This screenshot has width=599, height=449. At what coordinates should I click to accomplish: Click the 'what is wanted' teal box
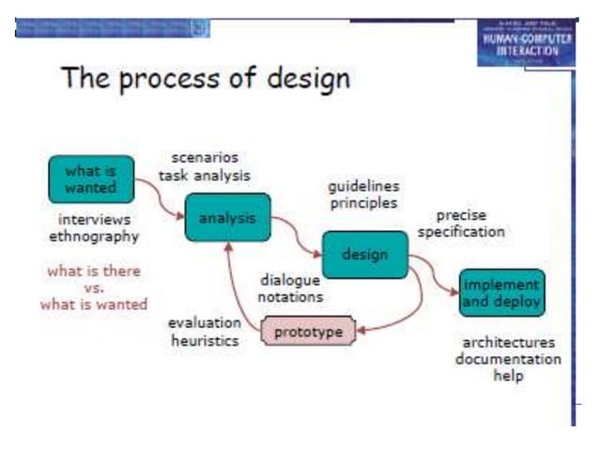coord(91,179)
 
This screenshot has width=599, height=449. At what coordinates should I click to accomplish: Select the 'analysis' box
coord(227,219)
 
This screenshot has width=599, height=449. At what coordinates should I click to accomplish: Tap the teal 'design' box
coord(365,254)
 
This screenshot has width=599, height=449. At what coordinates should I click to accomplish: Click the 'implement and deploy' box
coord(501,292)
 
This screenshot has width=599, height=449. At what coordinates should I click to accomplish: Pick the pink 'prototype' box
coord(308,333)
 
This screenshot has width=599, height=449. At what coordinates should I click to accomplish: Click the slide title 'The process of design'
coord(206,78)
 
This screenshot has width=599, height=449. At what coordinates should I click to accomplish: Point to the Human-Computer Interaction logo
coord(524,41)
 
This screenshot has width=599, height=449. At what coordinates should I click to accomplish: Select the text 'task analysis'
coord(205,174)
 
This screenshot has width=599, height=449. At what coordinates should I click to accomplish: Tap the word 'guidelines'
coord(363,186)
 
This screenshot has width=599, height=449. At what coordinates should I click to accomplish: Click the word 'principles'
coord(362,202)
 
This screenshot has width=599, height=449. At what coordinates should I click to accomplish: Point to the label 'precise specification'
coord(461,223)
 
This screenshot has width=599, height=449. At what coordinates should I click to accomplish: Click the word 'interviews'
coord(93,218)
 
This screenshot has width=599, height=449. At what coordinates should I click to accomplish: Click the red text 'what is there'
coord(93,271)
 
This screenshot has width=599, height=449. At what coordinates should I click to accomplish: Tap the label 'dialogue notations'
coord(291,287)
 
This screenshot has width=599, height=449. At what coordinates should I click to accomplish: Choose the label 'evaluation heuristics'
coord(205,331)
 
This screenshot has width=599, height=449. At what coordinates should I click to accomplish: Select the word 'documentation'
coord(508,359)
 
